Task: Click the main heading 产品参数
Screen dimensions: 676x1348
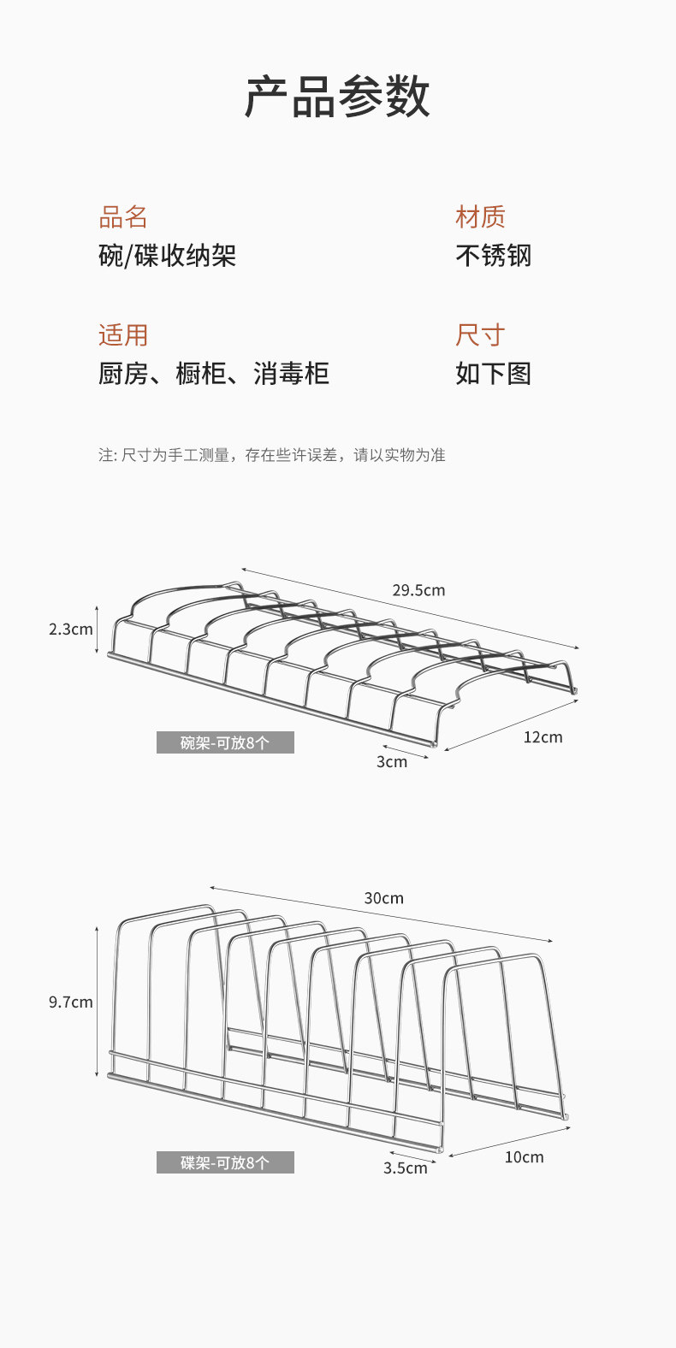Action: click(x=337, y=97)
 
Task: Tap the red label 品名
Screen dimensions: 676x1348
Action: click(x=123, y=217)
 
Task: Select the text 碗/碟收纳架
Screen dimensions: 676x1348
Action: click(x=167, y=256)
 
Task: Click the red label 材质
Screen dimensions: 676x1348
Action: click(x=480, y=217)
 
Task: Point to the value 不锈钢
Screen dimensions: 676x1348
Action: click(x=493, y=256)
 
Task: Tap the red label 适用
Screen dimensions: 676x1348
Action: click(x=123, y=335)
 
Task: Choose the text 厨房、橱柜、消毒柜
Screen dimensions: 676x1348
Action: click(x=213, y=374)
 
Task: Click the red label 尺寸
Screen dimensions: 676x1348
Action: click(x=480, y=335)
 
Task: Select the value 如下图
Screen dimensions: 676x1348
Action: click(x=493, y=374)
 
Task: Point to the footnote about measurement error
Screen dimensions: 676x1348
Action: click(x=271, y=455)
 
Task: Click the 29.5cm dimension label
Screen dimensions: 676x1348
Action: click(x=418, y=590)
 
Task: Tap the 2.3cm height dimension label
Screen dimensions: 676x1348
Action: click(x=70, y=630)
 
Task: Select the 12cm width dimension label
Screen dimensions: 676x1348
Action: click(x=543, y=737)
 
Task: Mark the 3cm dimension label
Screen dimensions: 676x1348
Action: click(x=392, y=762)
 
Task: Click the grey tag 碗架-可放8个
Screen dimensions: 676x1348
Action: click(x=225, y=742)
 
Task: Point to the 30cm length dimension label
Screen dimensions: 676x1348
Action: click(x=383, y=898)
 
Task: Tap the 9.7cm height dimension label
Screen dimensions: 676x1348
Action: click(x=70, y=1002)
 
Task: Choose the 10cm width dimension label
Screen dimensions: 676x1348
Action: click(x=524, y=1157)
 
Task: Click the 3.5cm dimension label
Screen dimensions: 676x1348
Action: click(x=405, y=1168)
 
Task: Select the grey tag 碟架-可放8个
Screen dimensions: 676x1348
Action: click(x=225, y=1162)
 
